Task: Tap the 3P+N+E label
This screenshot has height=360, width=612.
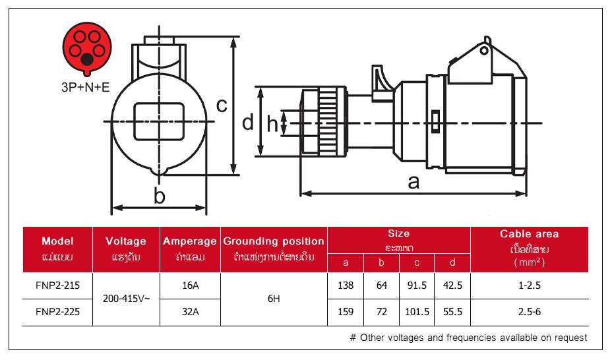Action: (x=86, y=86)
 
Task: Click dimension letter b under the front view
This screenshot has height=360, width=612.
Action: (x=159, y=195)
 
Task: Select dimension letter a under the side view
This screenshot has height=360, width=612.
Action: (x=413, y=181)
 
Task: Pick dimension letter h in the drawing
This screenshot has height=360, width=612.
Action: (x=272, y=123)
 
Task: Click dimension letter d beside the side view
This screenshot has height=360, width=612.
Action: (x=247, y=122)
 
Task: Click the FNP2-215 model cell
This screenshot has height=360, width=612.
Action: (x=57, y=285)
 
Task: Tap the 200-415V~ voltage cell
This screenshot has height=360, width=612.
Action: (x=127, y=299)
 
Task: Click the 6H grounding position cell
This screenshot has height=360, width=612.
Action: (x=274, y=299)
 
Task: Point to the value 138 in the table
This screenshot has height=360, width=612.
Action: (x=346, y=285)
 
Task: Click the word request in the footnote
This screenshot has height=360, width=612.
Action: (x=570, y=338)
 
